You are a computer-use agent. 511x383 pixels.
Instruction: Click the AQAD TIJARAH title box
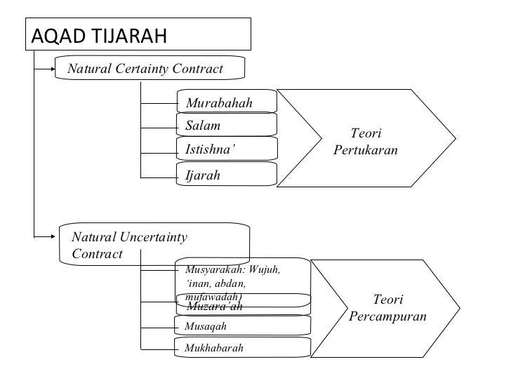point(138,33)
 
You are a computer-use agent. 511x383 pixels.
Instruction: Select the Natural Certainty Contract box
point(150,69)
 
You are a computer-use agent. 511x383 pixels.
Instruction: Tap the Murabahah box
point(226,104)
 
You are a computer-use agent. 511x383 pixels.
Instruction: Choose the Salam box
point(226,126)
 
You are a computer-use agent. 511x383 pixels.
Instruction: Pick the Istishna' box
point(226,149)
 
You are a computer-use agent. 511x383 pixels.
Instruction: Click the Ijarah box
point(226,175)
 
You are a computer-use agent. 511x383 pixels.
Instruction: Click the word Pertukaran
point(366,150)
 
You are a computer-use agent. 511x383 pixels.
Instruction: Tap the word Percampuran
point(387,317)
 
